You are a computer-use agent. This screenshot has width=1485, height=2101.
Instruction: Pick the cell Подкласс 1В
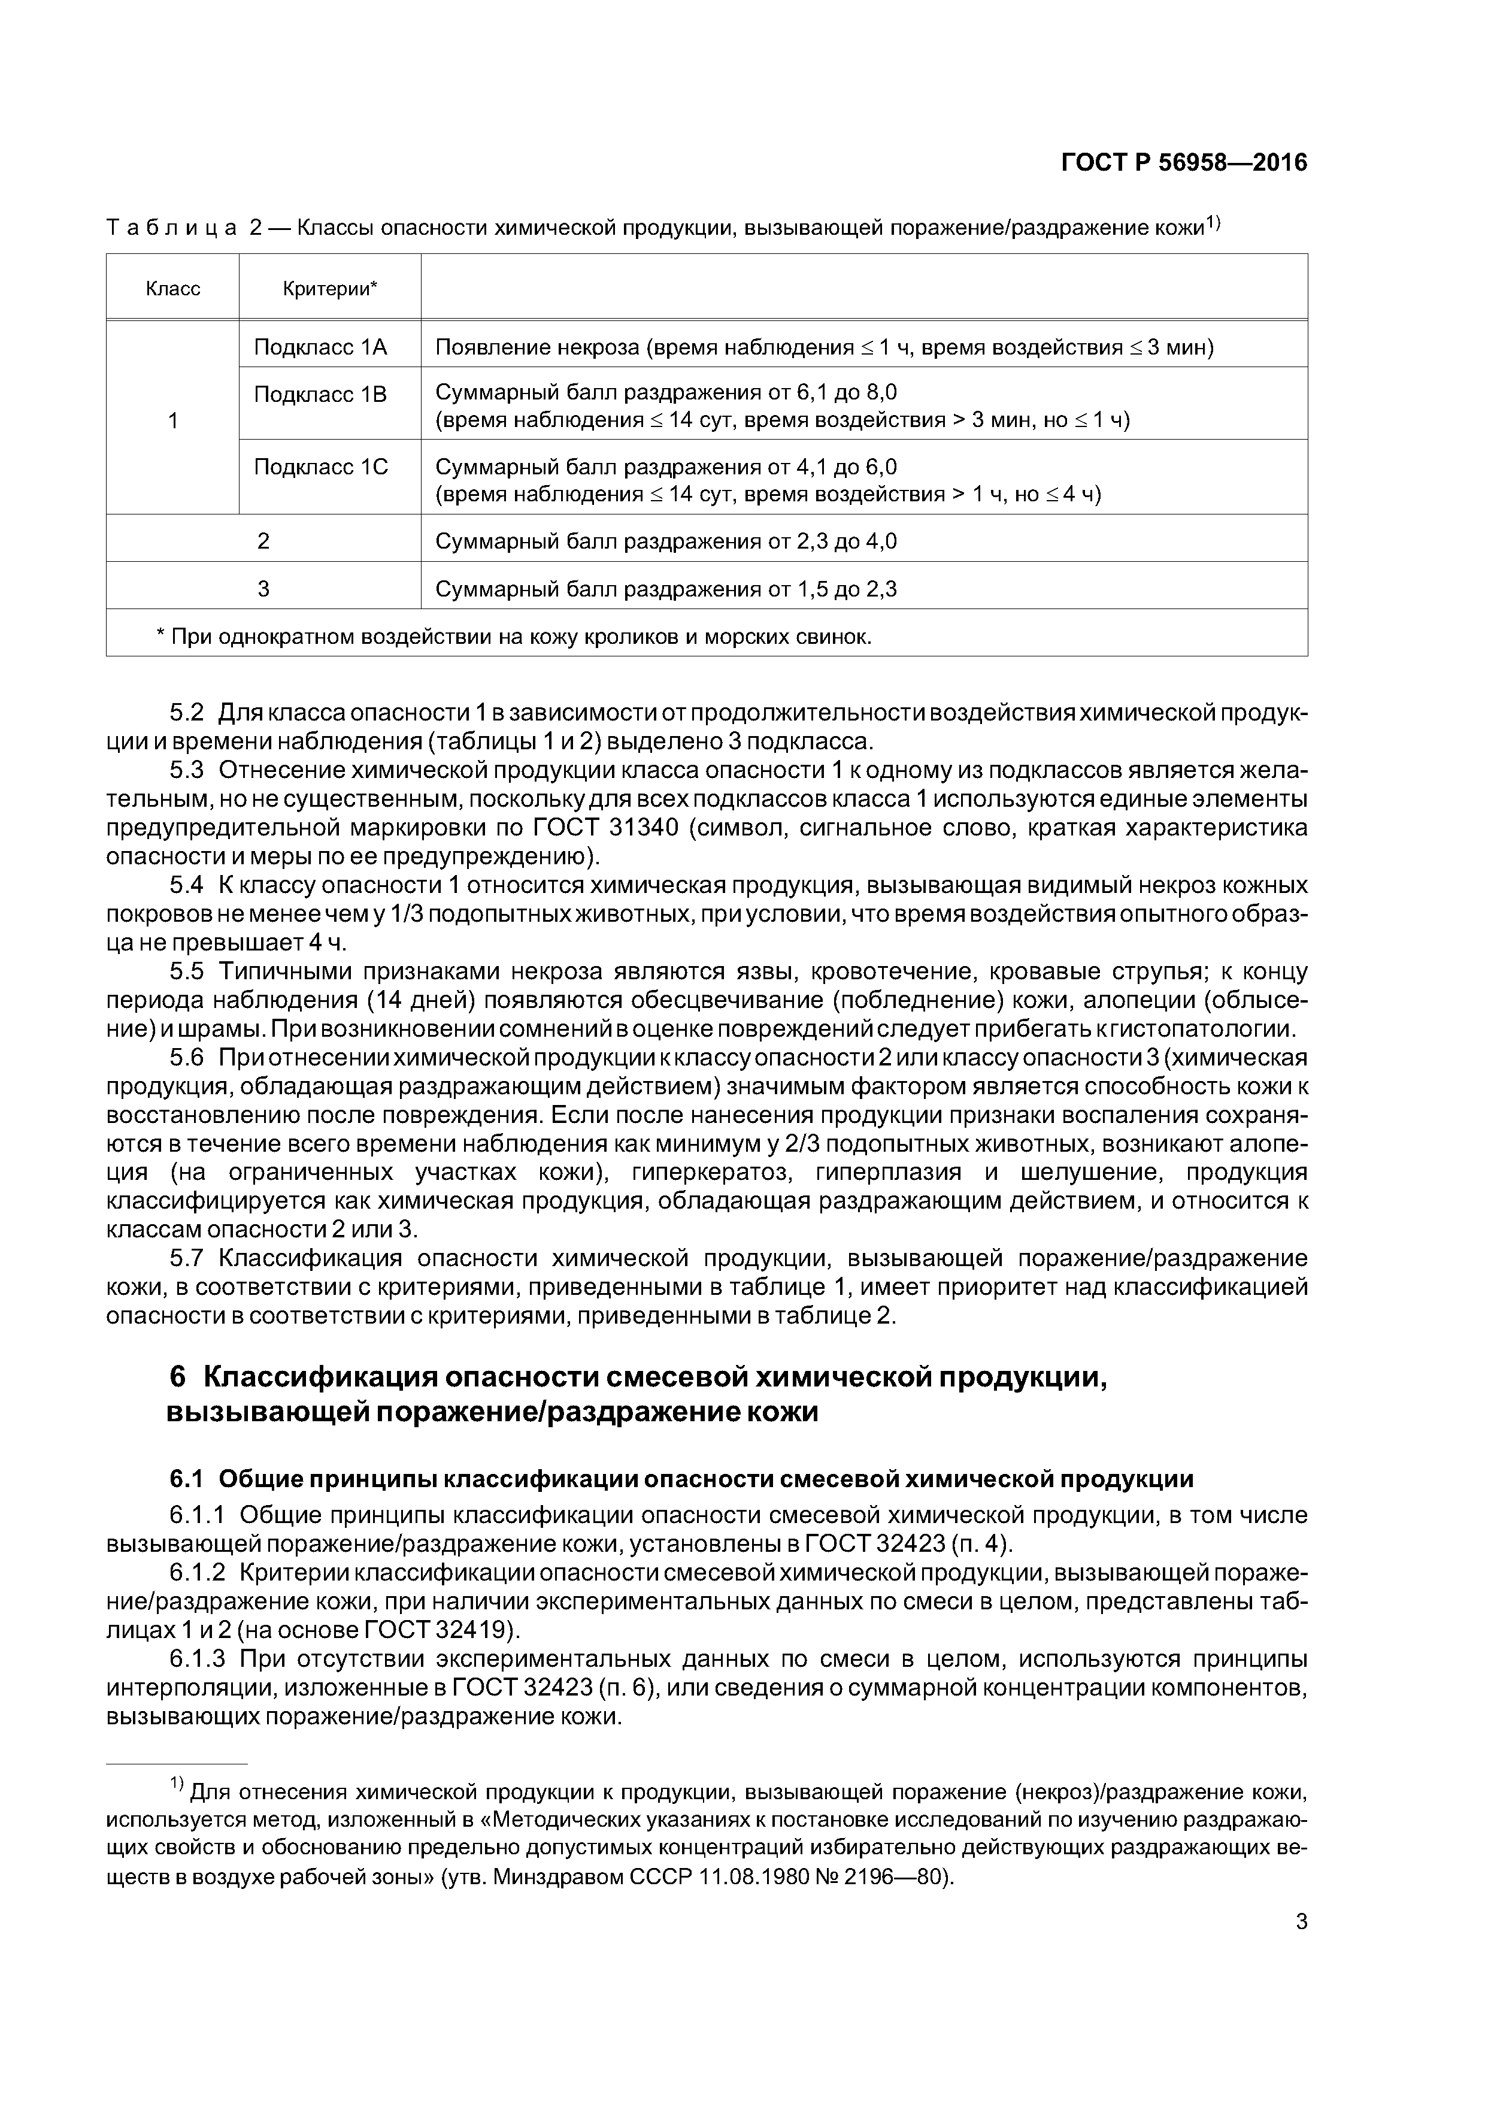pos(320,395)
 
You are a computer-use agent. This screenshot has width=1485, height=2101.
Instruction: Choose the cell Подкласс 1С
pos(320,468)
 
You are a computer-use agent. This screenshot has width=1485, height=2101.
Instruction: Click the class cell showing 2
pos(263,541)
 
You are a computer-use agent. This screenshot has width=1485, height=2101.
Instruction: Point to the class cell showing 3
pos(263,588)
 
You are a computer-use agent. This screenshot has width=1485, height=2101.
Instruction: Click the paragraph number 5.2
pos(187,713)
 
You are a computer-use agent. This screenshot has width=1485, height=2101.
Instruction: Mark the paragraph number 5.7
pos(187,1258)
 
